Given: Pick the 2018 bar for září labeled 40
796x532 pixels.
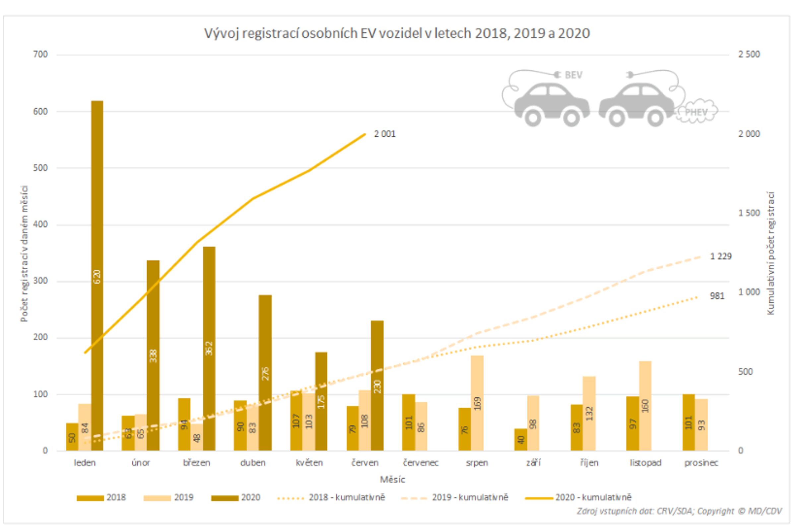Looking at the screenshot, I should point(520,440).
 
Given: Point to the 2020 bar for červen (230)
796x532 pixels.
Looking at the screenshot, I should point(377,386).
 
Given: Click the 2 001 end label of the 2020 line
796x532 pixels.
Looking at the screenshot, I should point(384,134).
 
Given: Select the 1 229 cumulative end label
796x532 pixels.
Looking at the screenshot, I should point(720,256).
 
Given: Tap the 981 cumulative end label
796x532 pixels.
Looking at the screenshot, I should point(717,296).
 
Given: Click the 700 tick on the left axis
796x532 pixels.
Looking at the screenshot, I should point(40,54).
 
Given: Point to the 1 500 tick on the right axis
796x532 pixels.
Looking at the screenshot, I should point(749,213).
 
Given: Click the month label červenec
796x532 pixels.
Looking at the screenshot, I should point(421,463).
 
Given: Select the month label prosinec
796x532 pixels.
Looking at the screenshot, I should point(701,463).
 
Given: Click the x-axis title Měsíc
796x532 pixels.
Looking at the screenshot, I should point(392,479).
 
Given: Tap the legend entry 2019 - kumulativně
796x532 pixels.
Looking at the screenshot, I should point(470,498).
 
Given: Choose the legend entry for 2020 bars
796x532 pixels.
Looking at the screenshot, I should point(250,498).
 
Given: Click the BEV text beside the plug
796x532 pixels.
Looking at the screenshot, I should point(573,75).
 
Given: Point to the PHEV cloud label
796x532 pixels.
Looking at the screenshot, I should point(696,112).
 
